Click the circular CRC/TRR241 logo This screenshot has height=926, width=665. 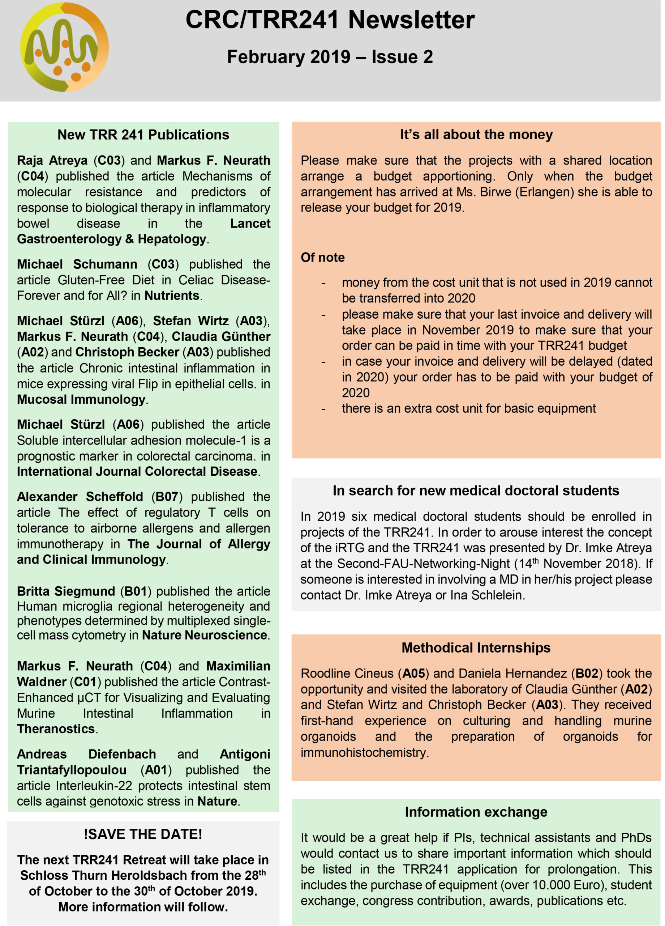pyautogui.click(x=64, y=47)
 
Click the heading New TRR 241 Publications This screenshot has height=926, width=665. pyautogui.click(x=143, y=135)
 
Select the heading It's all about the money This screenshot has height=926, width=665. pyautogui.click(x=476, y=134)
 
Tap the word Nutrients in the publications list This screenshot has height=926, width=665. pyautogui.click(x=172, y=295)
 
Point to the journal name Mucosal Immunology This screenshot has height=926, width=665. pyautogui.click(x=81, y=399)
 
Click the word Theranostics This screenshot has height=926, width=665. pyautogui.click(x=56, y=729)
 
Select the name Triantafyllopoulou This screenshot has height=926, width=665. pyautogui.click(x=72, y=770)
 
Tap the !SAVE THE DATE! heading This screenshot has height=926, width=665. pyautogui.click(x=143, y=834)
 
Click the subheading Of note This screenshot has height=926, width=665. pyautogui.click(x=322, y=257)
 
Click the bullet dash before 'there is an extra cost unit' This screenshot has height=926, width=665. pyautogui.click(x=323, y=409)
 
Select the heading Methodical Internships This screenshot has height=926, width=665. pyautogui.click(x=476, y=647)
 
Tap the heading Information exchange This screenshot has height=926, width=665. pyautogui.click(x=476, y=812)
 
